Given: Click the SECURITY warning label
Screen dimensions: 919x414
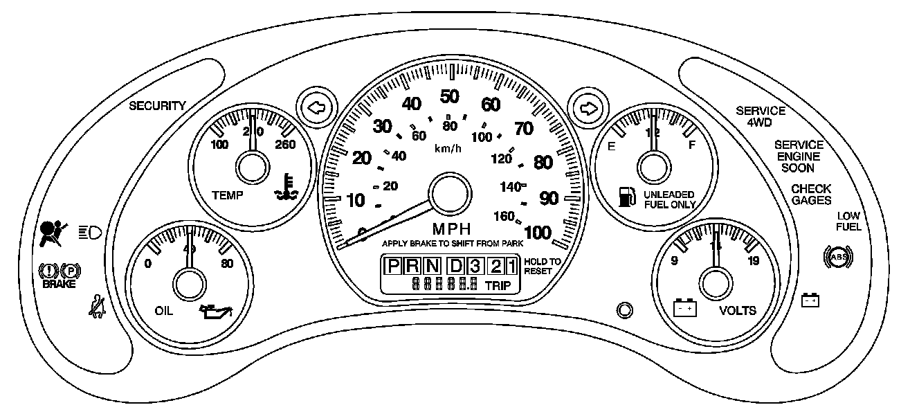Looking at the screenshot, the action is (x=158, y=106).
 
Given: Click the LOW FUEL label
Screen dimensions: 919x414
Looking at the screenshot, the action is (x=848, y=221).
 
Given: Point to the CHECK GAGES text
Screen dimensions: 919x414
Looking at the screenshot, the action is (x=812, y=195).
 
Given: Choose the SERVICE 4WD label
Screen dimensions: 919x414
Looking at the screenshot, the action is (x=761, y=116).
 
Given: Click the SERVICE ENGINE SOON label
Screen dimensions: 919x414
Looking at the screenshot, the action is (x=799, y=156).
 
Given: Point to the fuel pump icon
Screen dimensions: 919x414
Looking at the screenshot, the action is (x=626, y=196).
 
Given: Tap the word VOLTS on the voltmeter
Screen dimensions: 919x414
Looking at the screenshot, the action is (x=738, y=310).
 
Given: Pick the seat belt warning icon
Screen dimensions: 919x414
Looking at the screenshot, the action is (x=97, y=305).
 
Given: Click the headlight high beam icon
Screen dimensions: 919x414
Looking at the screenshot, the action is (x=90, y=231).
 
